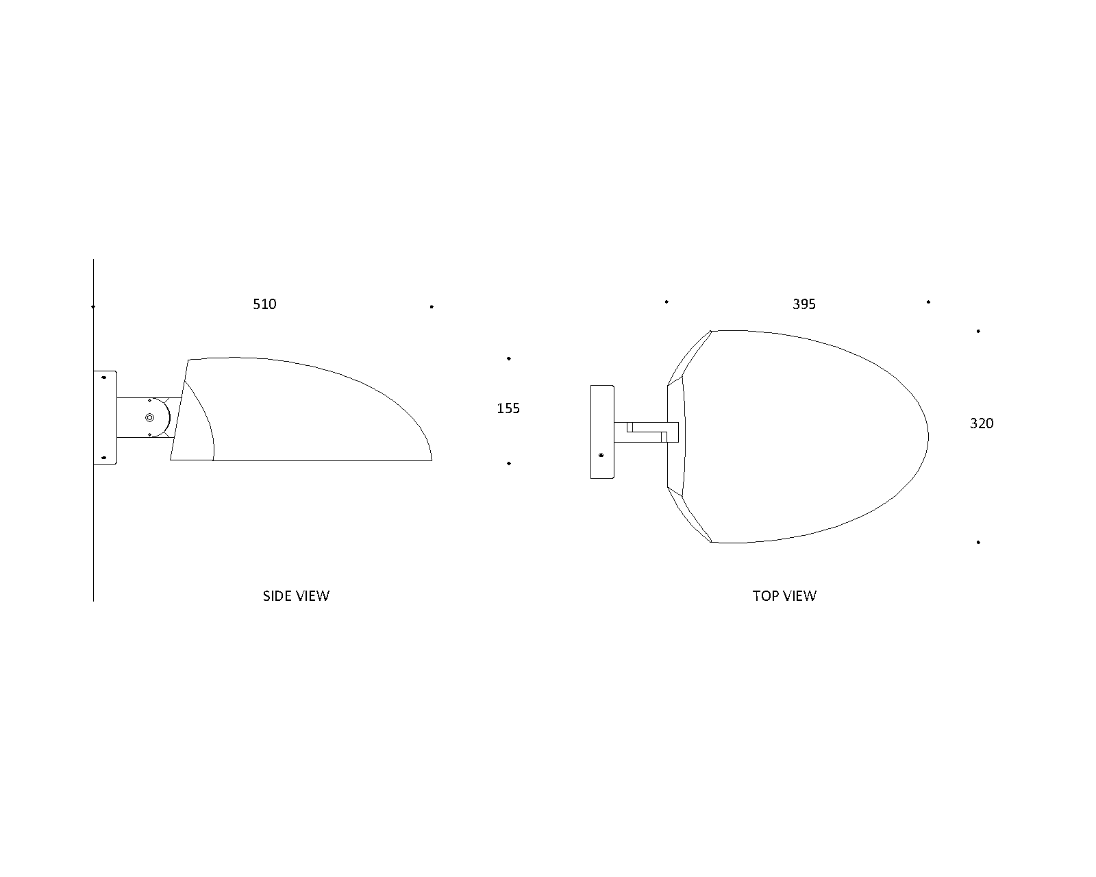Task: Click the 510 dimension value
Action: (x=264, y=304)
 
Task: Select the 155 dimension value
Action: (x=508, y=408)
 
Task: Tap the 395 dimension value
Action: (x=804, y=304)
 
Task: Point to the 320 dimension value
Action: (x=981, y=423)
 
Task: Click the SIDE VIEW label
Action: (x=296, y=596)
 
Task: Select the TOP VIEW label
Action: (x=784, y=596)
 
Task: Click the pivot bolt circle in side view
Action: (x=150, y=417)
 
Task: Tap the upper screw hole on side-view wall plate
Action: (x=104, y=377)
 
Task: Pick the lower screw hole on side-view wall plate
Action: (x=104, y=458)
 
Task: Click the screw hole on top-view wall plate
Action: (x=601, y=456)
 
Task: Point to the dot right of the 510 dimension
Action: (x=432, y=307)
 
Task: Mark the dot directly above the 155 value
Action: (x=509, y=358)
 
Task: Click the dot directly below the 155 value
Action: (x=509, y=464)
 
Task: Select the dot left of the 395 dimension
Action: (x=667, y=301)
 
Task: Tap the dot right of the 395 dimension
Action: (x=928, y=301)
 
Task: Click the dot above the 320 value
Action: (x=978, y=331)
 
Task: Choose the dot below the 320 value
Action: (x=978, y=542)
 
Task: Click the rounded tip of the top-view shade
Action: (x=927, y=436)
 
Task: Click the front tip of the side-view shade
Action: (x=430, y=458)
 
